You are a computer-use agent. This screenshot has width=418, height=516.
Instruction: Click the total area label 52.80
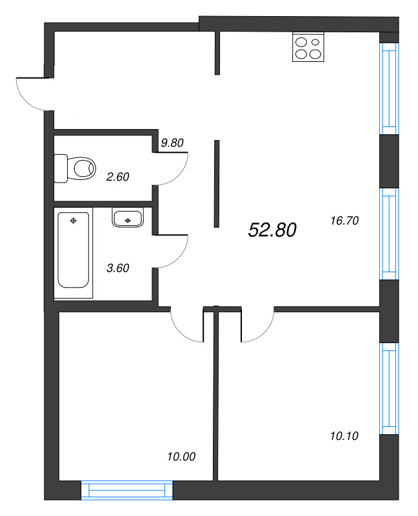(x=272, y=229)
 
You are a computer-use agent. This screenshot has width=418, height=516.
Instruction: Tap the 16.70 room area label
(x=343, y=220)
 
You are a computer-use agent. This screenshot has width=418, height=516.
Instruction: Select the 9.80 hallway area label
(x=172, y=143)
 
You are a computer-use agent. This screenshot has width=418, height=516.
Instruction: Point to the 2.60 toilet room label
(x=117, y=175)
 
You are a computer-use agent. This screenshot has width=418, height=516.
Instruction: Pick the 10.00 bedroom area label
(x=181, y=457)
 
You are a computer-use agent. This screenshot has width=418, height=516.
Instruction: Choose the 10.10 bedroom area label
(x=343, y=436)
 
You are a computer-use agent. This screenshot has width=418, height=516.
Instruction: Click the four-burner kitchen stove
(x=308, y=46)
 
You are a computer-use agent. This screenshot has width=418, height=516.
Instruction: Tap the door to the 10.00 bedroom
(x=187, y=326)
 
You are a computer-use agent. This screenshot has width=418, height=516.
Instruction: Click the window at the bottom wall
(x=128, y=492)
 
